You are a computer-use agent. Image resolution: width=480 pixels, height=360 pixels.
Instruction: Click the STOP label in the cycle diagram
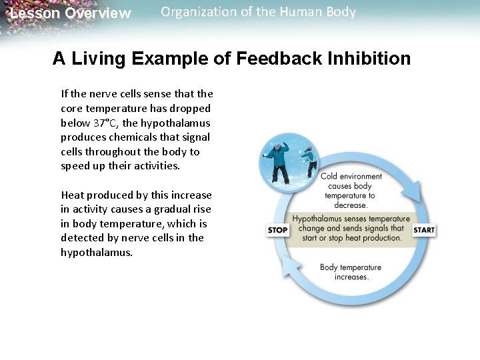point(277,230)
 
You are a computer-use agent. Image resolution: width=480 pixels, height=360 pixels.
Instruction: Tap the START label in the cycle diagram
point(424,230)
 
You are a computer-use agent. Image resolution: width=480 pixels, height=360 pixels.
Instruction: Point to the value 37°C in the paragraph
point(105,123)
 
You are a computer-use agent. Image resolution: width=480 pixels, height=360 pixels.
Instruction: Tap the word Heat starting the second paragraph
point(72,195)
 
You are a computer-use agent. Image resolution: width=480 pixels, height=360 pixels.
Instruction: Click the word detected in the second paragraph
point(81,238)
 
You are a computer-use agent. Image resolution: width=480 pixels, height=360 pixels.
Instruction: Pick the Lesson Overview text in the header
point(71,13)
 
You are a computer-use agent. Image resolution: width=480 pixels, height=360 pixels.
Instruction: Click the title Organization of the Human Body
point(258,12)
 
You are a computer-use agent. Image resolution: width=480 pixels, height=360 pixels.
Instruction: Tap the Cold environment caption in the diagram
point(351,177)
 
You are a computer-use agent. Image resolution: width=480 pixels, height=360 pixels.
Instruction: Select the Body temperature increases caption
point(351,272)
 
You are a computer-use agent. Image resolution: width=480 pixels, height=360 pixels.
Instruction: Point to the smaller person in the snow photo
point(308,161)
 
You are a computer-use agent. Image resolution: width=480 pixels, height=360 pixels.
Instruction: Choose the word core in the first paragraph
point(71,108)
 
